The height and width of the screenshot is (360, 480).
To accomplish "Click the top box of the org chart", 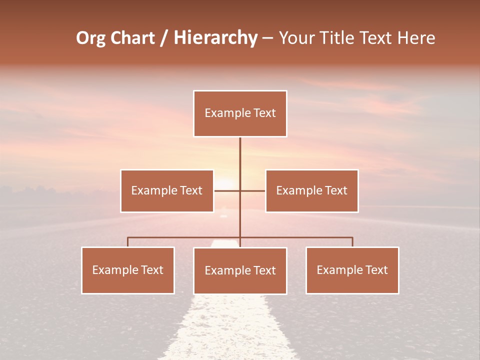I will (x=240, y=113).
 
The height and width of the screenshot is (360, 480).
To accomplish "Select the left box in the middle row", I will (x=167, y=190).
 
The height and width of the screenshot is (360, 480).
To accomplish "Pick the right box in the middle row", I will (x=311, y=190).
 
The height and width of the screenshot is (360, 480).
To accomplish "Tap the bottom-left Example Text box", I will (x=128, y=270).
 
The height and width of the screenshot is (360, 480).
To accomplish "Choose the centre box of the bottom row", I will (x=240, y=270).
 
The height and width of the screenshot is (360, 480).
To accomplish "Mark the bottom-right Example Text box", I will (x=352, y=270).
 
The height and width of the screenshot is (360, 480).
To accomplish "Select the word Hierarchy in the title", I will (x=215, y=38).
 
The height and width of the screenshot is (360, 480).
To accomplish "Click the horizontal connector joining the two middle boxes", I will (x=239, y=190).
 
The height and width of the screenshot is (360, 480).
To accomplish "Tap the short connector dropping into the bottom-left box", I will (x=128, y=242).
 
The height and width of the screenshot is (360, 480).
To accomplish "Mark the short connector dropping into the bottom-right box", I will (x=352, y=242).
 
